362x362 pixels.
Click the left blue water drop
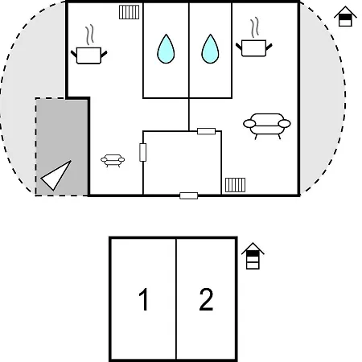coord(166,50)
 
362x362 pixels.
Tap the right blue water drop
coord(210,50)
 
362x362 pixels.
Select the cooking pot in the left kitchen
coord(88,56)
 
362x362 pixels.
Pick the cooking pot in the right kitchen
coord(253,48)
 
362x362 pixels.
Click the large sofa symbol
coord(267,124)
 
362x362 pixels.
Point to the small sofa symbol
coord(113,160)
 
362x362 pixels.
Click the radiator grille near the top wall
coord(130,12)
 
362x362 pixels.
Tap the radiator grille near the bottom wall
coord(235,185)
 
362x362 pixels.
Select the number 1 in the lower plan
coord(144,299)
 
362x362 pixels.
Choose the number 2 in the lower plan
coord(206,299)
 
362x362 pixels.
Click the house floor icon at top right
coord(345,17)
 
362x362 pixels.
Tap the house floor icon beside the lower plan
coord(253,256)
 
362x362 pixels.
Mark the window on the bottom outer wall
coord(189,195)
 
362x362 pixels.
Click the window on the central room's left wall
coord(143,152)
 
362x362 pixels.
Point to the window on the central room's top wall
coord(206,131)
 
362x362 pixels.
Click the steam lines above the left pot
coord(90,35)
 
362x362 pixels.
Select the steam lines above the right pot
coord(255,27)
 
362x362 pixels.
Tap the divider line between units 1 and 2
coord(176,299)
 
